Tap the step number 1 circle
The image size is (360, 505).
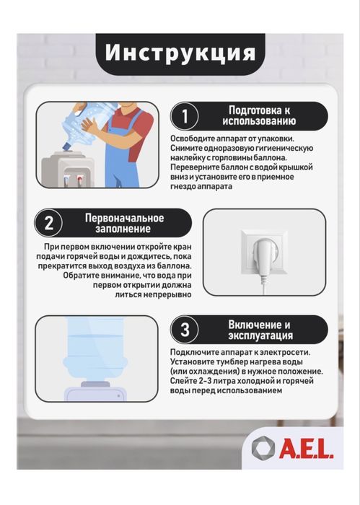click(185, 116)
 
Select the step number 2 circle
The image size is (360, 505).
click(48, 223)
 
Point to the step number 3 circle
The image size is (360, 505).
click(185, 330)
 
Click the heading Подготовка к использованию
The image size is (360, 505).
click(259, 115)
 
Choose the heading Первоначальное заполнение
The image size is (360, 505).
click(124, 223)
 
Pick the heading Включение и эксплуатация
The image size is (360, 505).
click(260, 330)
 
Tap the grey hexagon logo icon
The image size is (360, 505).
click(263, 448)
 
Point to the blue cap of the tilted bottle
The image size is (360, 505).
click(68, 147)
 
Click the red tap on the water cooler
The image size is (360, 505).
click(79, 179)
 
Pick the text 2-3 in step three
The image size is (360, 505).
click(206, 381)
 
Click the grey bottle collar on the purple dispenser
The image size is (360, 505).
click(95, 384)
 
